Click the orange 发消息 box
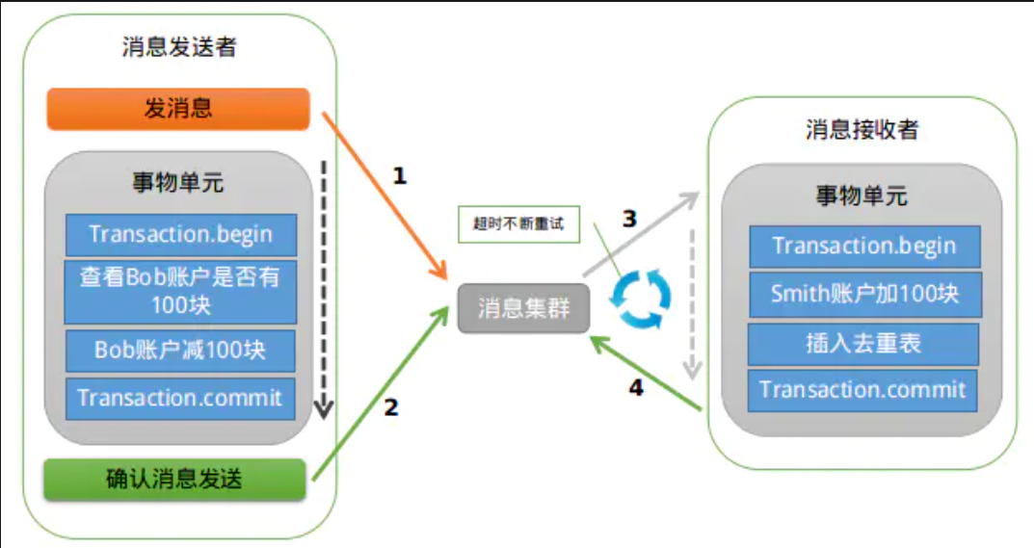coord(178,109)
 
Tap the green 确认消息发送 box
coord(174,479)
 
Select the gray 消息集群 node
coord(523,309)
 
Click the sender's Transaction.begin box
coord(180,234)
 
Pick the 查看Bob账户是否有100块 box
coord(180,291)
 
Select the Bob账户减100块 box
coord(180,350)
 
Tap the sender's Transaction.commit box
coord(180,398)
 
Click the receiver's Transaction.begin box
coord(864,246)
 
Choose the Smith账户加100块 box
coord(864,294)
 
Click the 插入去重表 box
coord(864,343)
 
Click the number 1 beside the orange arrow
coord(400,176)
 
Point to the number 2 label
coord(390,407)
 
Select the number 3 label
coord(629,219)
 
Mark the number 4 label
coord(635,388)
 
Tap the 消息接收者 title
coord(862,130)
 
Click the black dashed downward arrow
coord(324,289)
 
